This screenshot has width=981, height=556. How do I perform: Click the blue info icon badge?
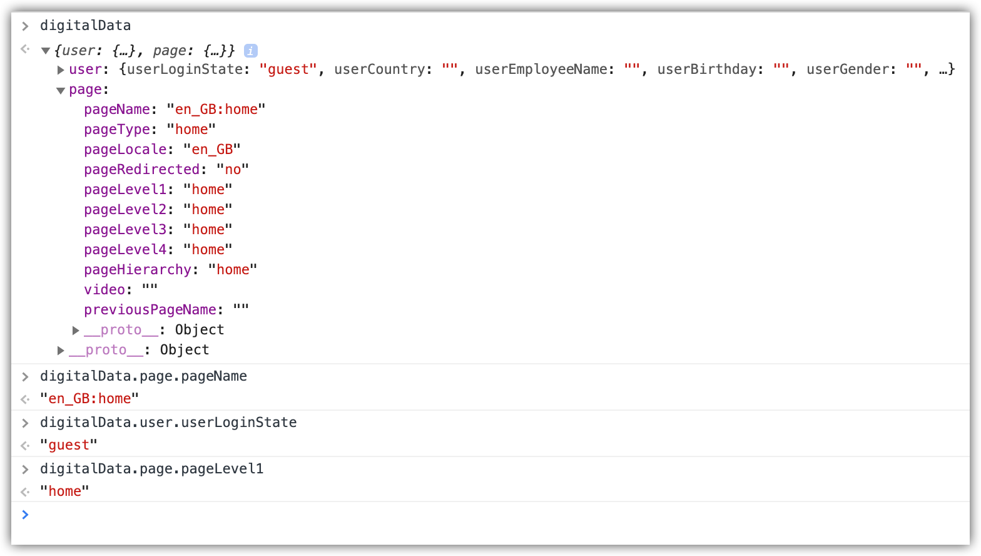pyautogui.click(x=250, y=51)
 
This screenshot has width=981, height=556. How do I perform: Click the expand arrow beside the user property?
pyautogui.click(x=61, y=69)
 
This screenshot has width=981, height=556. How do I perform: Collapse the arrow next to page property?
pyautogui.click(x=61, y=90)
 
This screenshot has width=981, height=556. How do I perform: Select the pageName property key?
pyautogui.click(x=117, y=109)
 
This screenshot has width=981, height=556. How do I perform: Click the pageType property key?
pyautogui.click(x=117, y=129)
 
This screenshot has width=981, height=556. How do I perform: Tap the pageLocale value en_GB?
pyautogui.click(x=212, y=150)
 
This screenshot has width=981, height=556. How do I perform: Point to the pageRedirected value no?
pyautogui.click(x=233, y=170)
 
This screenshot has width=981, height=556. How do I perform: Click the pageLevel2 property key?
pyautogui.click(x=125, y=209)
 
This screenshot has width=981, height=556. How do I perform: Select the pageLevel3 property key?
pyautogui.click(x=125, y=230)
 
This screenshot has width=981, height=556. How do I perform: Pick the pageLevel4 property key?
pyautogui.click(x=125, y=250)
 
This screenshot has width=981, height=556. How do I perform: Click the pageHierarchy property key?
pyautogui.click(x=138, y=269)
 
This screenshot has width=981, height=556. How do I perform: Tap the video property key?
pyautogui.click(x=104, y=290)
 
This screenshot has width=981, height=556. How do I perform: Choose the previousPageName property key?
pyautogui.click(x=150, y=310)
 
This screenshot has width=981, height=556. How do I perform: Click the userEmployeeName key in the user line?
pyautogui.click(x=541, y=69)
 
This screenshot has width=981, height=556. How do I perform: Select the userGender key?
pyautogui.click(x=848, y=69)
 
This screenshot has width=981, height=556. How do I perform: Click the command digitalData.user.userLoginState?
pyautogui.click(x=168, y=423)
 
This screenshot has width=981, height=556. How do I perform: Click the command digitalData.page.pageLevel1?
pyautogui.click(x=151, y=469)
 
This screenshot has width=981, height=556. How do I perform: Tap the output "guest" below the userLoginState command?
pyautogui.click(x=68, y=445)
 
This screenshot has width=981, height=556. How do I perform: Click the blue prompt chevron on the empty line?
pyautogui.click(x=26, y=515)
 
